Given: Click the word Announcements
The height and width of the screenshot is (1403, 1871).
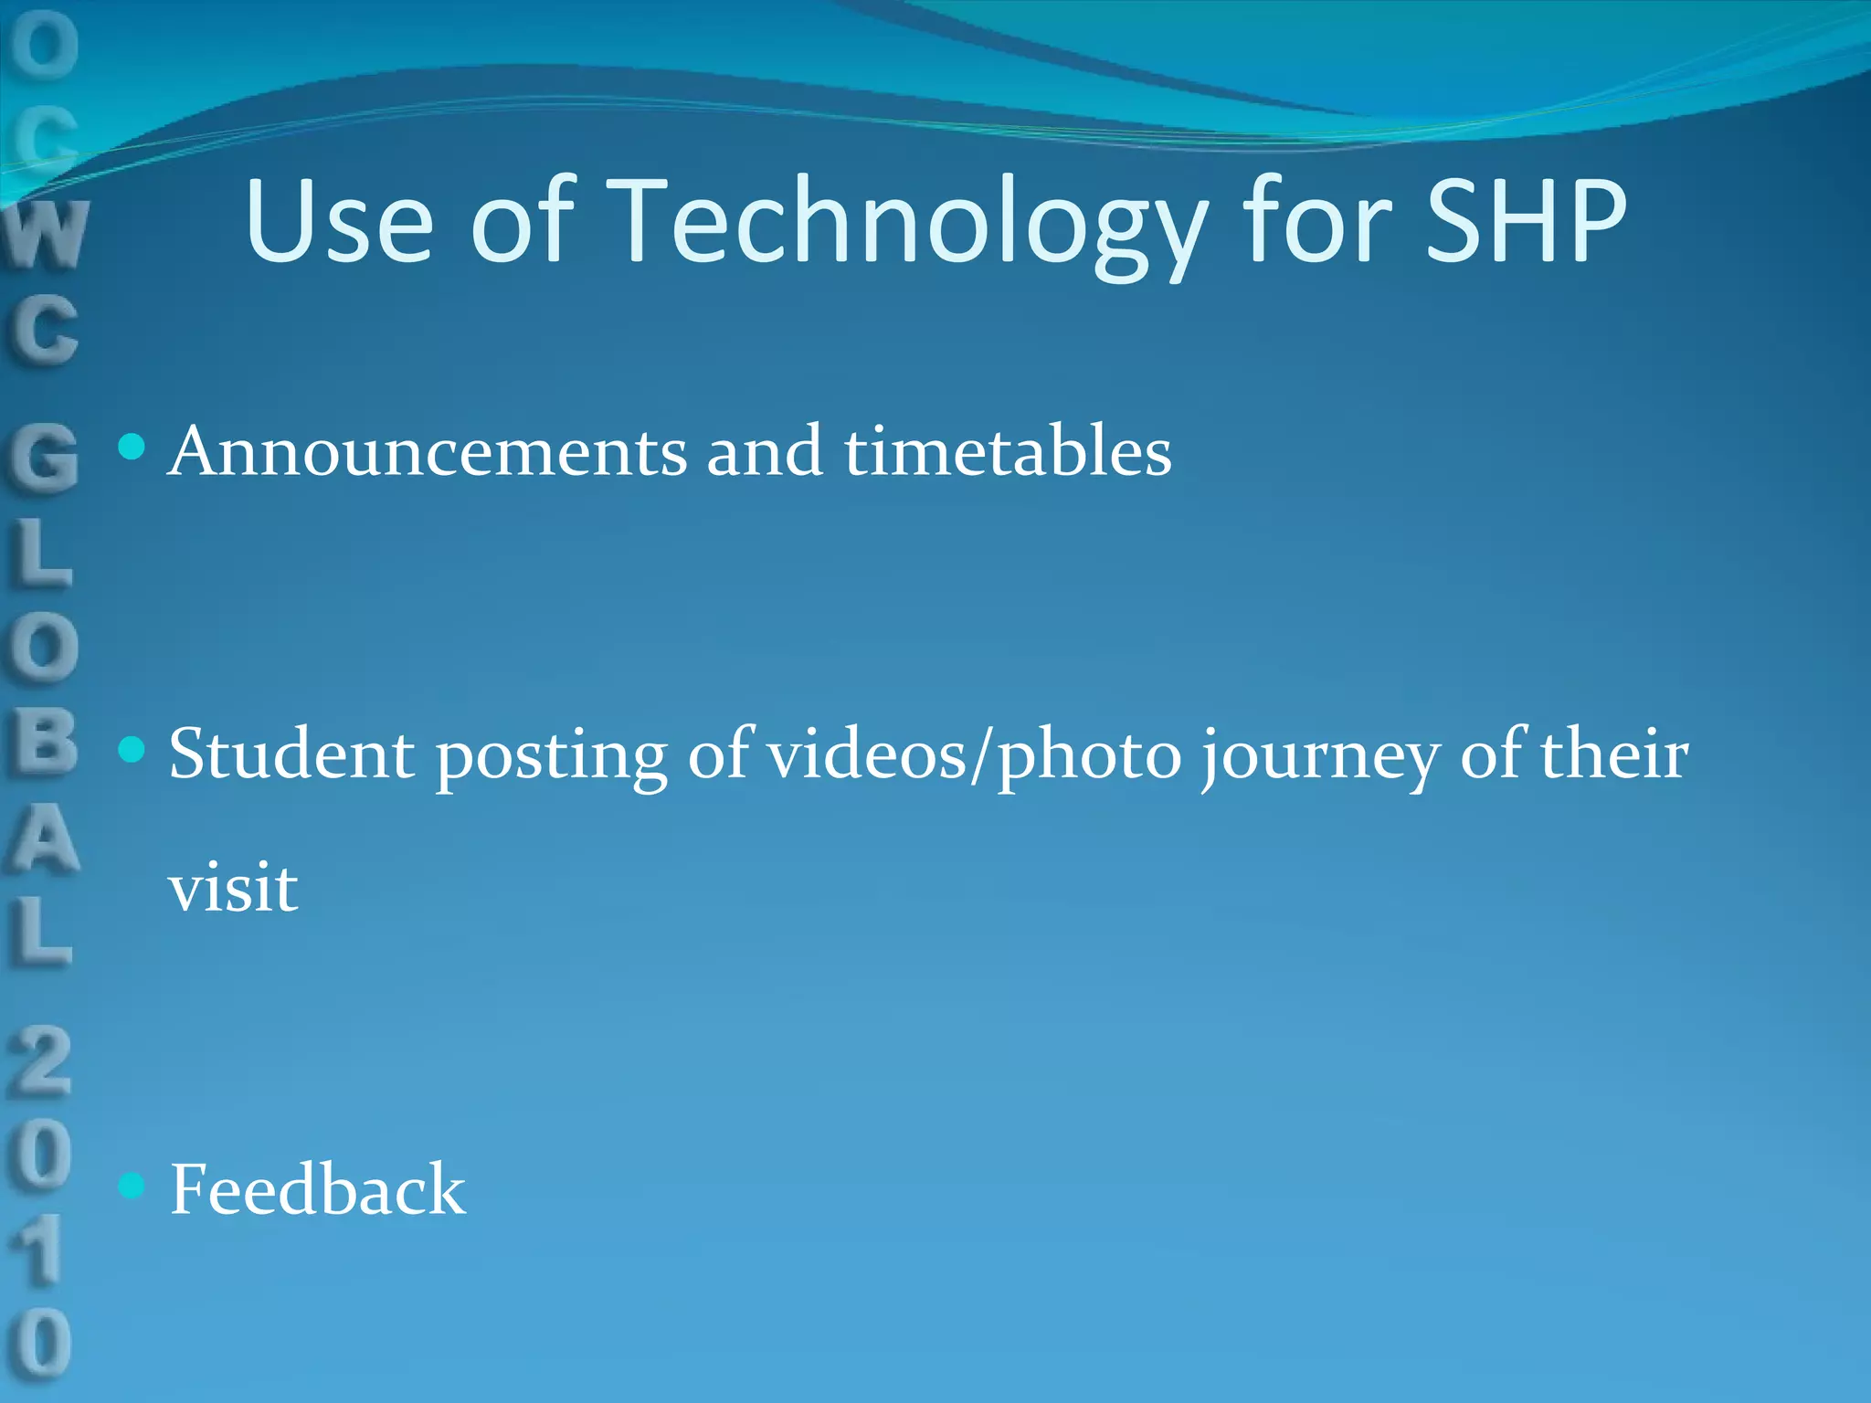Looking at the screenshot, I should tap(428, 451).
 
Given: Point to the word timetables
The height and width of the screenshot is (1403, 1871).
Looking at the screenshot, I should tap(1008, 451).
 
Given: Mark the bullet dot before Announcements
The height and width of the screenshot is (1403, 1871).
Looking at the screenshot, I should tap(132, 447).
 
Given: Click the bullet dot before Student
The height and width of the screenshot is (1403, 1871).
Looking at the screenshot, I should tap(132, 750).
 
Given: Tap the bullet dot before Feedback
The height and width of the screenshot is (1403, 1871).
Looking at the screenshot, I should tap(132, 1186).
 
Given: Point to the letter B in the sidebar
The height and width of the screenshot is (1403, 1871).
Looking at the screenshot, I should tap(42, 742).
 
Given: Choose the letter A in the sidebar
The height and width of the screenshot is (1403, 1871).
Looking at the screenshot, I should tap(42, 839).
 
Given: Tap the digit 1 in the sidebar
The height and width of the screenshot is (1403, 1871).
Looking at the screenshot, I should tap(40, 1250).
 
